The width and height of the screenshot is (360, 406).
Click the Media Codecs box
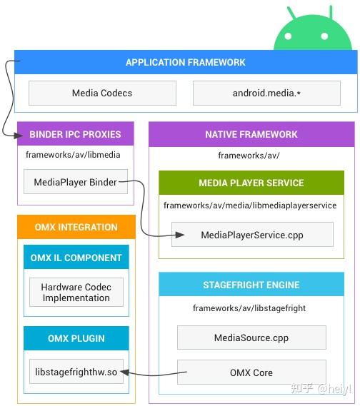pyautogui.click(x=102, y=93)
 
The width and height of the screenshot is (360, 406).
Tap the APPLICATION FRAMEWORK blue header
pyautogui.click(x=186, y=62)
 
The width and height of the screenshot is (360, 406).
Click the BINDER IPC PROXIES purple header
pyautogui.click(x=75, y=134)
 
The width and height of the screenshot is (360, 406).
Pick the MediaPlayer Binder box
pyautogui.click(x=75, y=182)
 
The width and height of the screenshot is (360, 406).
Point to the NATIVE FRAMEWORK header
pyautogui.click(x=251, y=134)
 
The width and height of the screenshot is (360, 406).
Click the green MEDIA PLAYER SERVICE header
pyautogui.click(x=251, y=183)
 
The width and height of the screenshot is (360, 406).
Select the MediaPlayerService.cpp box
pyautogui.click(x=251, y=235)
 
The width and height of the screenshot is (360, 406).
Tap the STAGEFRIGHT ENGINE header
pyautogui.click(x=251, y=285)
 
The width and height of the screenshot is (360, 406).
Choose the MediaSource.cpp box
pyautogui.click(x=251, y=338)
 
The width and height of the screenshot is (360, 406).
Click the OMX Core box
pyautogui.click(x=251, y=372)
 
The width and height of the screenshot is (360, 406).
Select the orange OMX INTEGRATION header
pyautogui.click(x=76, y=227)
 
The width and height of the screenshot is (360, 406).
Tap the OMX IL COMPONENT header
pyautogui.click(x=76, y=258)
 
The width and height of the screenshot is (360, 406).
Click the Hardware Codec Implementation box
pyautogui.click(x=76, y=293)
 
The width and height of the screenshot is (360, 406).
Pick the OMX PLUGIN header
pyautogui.click(x=76, y=338)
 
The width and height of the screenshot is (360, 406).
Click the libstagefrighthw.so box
pyautogui.click(x=76, y=372)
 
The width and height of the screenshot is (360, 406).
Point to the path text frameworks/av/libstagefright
pyautogui.click(x=249, y=308)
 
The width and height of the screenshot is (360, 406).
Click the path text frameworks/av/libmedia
pyautogui.click(x=63, y=154)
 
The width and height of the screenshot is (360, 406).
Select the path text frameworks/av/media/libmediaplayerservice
pyautogui.click(x=249, y=205)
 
